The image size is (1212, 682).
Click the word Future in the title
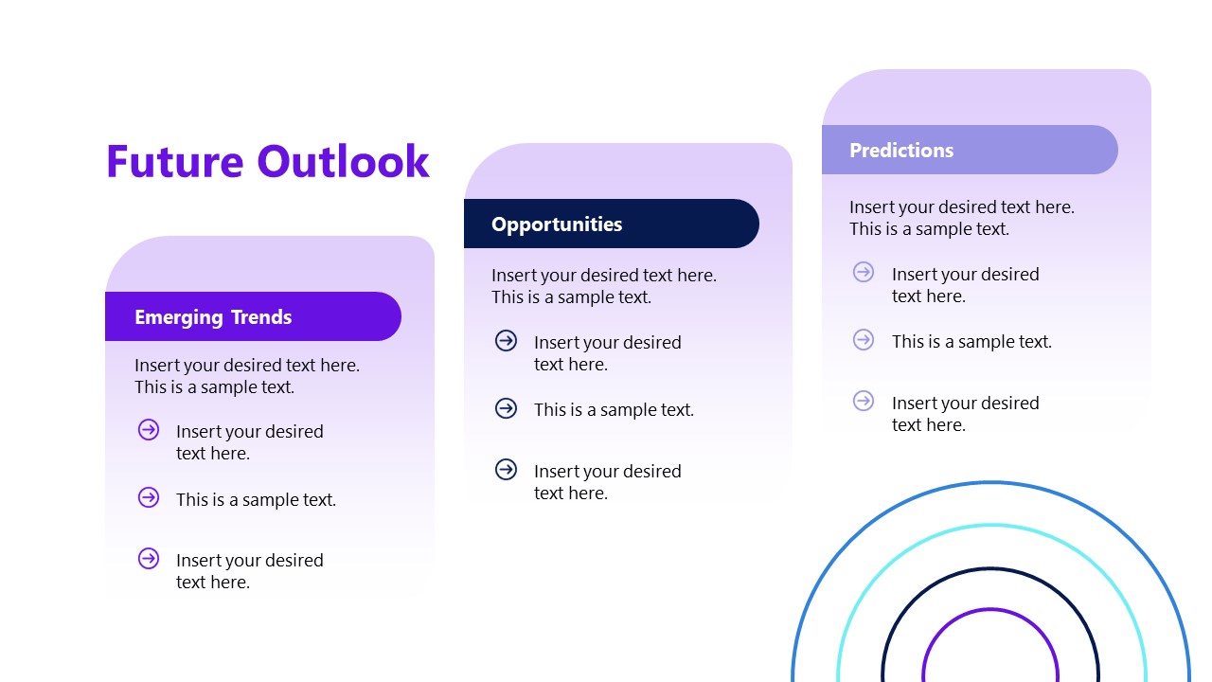(x=175, y=161)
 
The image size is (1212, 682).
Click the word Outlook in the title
(x=344, y=161)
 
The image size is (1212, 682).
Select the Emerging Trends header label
(x=213, y=317)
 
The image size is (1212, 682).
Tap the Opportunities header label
(x=557, y=224)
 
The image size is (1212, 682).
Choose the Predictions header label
(x=901, y=151)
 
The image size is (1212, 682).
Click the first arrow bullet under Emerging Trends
(x=149, y=430)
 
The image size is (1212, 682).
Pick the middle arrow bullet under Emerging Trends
(x=149, y=497)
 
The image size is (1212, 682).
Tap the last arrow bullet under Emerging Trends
(x=149, y=559)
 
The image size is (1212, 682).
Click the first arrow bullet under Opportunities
(x=507, y=341)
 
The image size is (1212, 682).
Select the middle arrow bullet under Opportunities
(x=507, y=408)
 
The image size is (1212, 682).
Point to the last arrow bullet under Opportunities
(x=507, y=470)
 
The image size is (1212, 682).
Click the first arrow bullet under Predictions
(x=864, y=273)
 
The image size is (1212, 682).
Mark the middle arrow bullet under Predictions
(x=864, y=340)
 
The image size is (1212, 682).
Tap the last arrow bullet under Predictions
(x=864, y=402)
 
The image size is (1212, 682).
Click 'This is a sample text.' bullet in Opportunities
(x=614, y=410)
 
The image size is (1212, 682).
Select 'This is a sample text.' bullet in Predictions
(x=971, y=342)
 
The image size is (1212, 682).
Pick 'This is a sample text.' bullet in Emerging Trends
(x=256, y=500)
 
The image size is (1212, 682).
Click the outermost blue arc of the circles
(x=990, y=483)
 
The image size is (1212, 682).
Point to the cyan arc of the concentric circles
(x=990, y=526)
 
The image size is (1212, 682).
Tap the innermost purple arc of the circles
(x=990, y=610)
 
